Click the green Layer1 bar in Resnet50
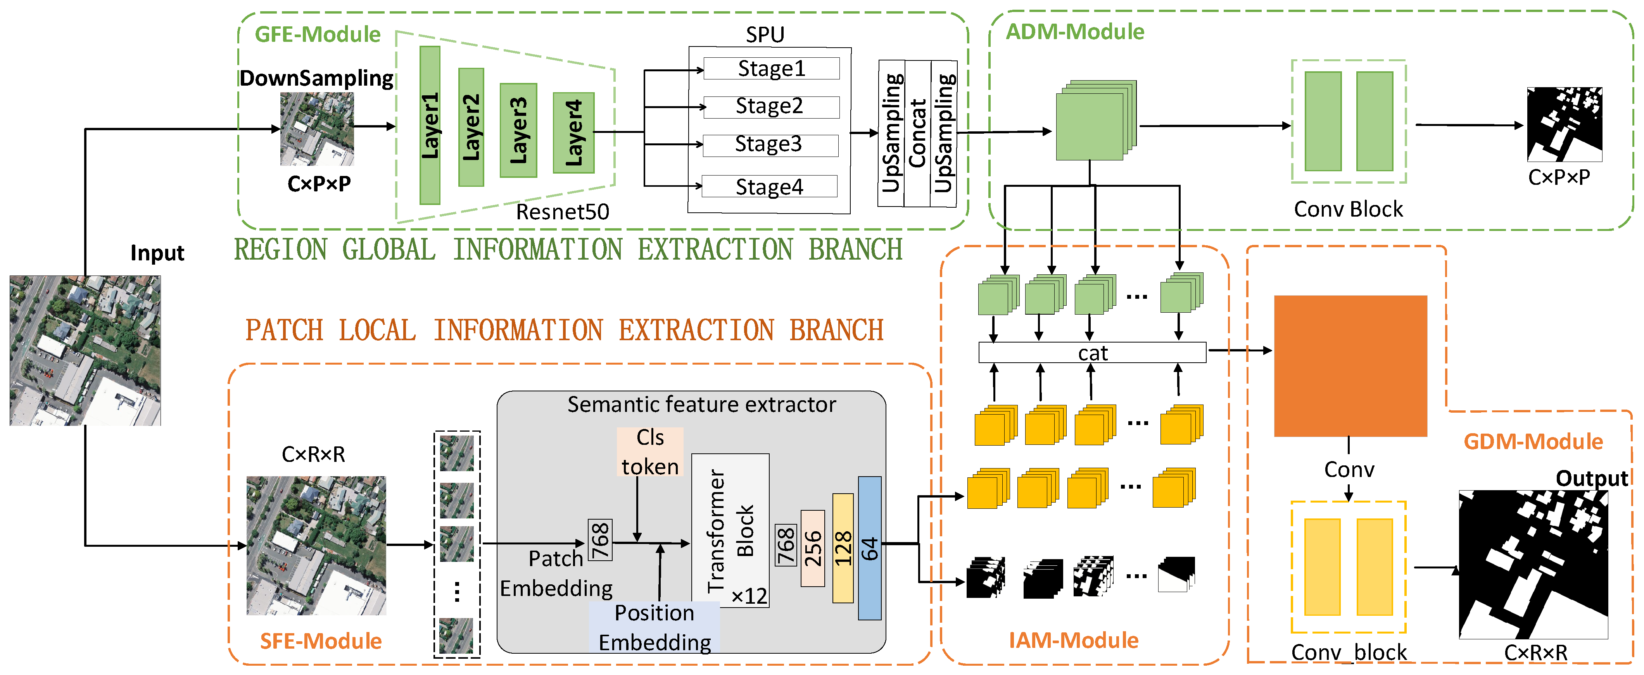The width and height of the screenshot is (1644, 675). (x=430, y=125)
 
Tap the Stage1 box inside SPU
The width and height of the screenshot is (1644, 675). (x=771, y=68)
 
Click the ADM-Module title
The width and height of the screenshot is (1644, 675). (x=1075, y=31)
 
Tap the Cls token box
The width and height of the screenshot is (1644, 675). (x=650, y=452)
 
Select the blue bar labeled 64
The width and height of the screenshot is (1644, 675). (x=869, y=548)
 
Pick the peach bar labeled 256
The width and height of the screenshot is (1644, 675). (x=812, y=548)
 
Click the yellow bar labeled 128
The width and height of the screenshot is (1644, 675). (x=843, y=548)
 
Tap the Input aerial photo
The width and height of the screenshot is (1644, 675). (x=85, y=350)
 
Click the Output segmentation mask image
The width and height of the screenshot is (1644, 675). (x=1533, y=564)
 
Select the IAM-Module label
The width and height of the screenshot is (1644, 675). (x=1074, y=640)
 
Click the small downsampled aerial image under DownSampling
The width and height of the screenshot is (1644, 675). (x=317, y=129)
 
